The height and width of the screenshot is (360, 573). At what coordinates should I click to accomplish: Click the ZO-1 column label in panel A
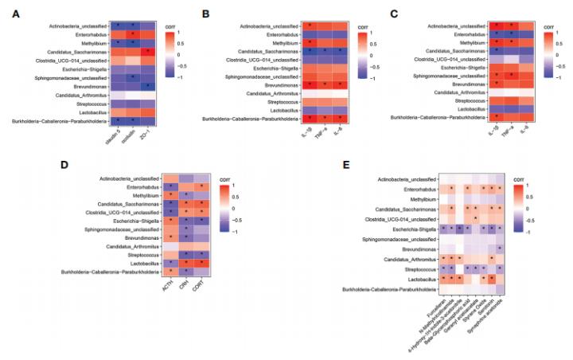click(146, 136)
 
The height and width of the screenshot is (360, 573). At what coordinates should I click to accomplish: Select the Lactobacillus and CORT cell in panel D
click(205, 262)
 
